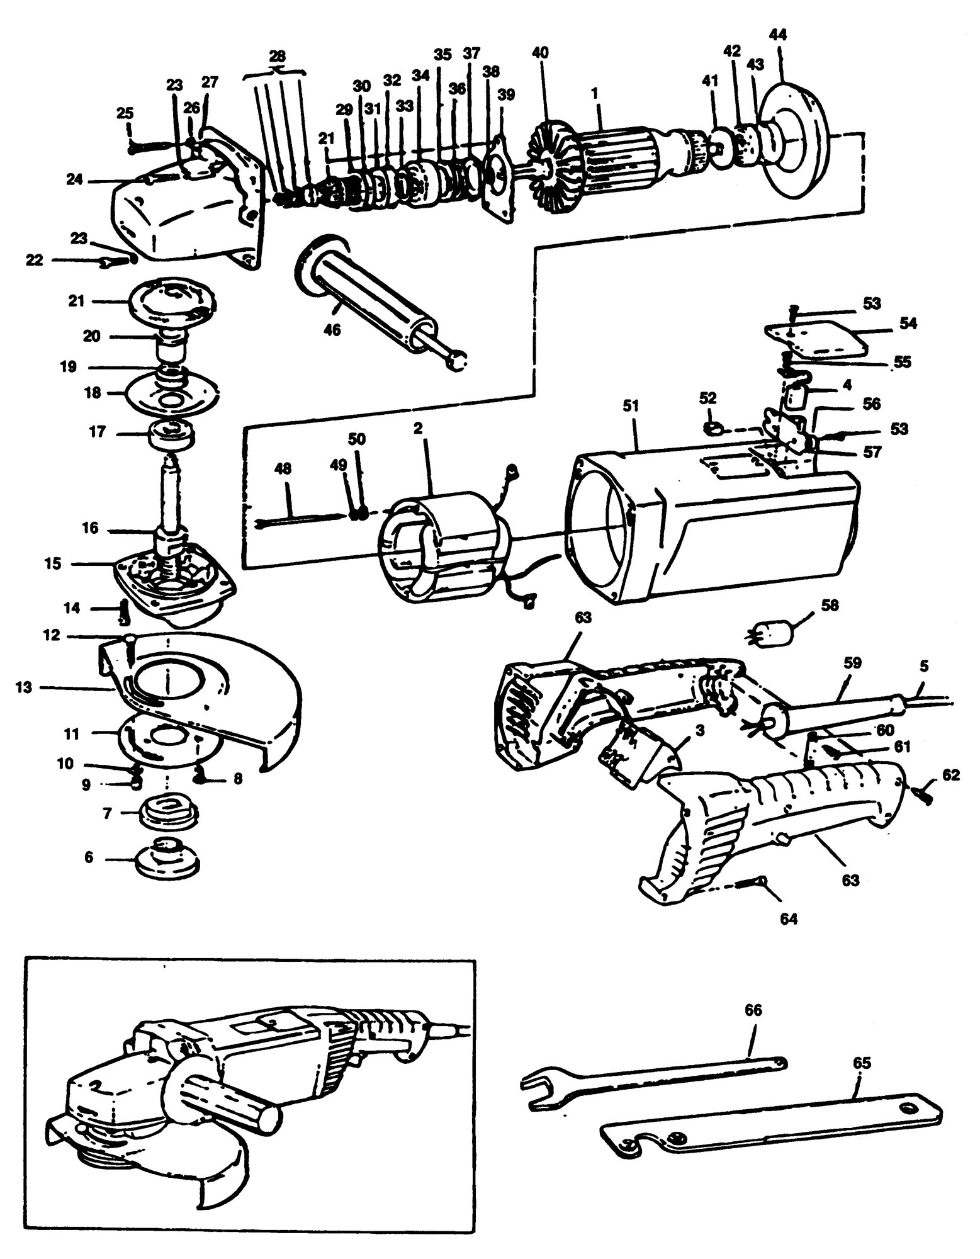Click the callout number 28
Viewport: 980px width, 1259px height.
[x=278, y=55]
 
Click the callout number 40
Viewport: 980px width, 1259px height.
[x=540, y=53]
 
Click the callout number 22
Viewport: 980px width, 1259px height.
[x=35, y=259]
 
